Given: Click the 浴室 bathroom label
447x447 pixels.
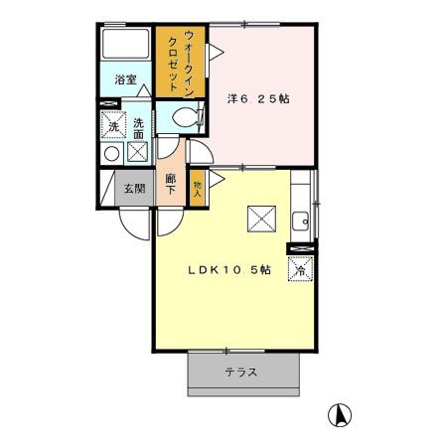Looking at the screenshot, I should click(124, 78).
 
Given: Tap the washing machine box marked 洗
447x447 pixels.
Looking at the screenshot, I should click(114, 127).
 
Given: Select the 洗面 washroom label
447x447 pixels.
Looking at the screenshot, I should click(139, 127).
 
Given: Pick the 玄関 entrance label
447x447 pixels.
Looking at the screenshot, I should click(133, 188).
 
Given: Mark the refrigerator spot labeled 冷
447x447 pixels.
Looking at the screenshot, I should click(300, 267).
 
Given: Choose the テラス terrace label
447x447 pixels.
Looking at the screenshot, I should click(241, 372).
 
